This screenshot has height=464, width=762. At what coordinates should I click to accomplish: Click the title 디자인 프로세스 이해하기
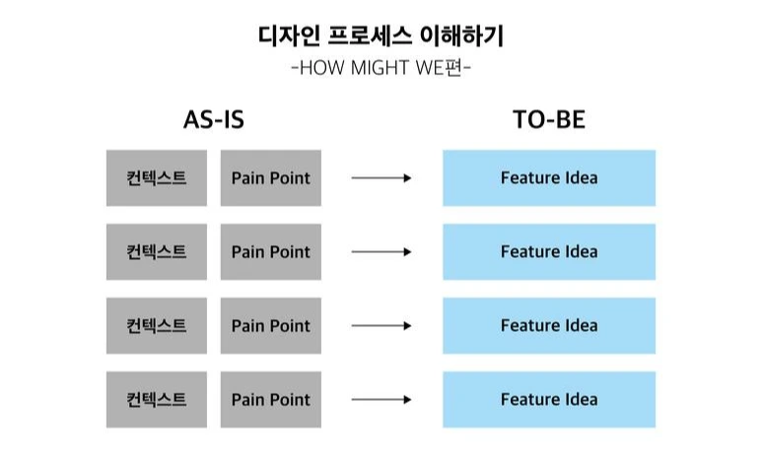(381, 37)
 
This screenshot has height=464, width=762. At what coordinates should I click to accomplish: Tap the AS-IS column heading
(213, 120)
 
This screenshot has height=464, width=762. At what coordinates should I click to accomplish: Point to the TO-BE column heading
(549, 120)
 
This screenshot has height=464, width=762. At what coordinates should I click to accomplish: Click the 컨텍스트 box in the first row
(157, 178)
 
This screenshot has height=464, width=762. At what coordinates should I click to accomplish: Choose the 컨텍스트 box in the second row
(157, 252)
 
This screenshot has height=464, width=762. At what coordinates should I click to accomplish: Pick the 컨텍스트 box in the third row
(157, 326)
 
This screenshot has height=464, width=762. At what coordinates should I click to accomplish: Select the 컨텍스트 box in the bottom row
(157, 400)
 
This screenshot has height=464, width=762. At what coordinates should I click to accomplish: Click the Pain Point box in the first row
(270, 178)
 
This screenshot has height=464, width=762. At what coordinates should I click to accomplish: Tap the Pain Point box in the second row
(270, 252)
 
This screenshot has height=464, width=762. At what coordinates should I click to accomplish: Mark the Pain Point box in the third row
(270, 326)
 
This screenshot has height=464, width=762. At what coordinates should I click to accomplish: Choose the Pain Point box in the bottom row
(270, 400)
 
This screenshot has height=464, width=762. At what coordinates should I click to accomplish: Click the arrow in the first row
(381, 178)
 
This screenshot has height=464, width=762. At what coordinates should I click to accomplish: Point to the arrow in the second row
(381, 252)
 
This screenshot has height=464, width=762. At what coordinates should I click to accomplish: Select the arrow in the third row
(381, 326)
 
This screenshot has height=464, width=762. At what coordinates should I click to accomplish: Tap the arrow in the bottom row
(381, 400)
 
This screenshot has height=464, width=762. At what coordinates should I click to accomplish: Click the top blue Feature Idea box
(549, 178)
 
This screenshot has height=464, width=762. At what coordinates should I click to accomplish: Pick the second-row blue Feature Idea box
(549, 252)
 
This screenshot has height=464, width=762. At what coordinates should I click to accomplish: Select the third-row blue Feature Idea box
(549, 326)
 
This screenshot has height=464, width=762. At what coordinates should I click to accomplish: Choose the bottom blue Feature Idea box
(549, 400)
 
